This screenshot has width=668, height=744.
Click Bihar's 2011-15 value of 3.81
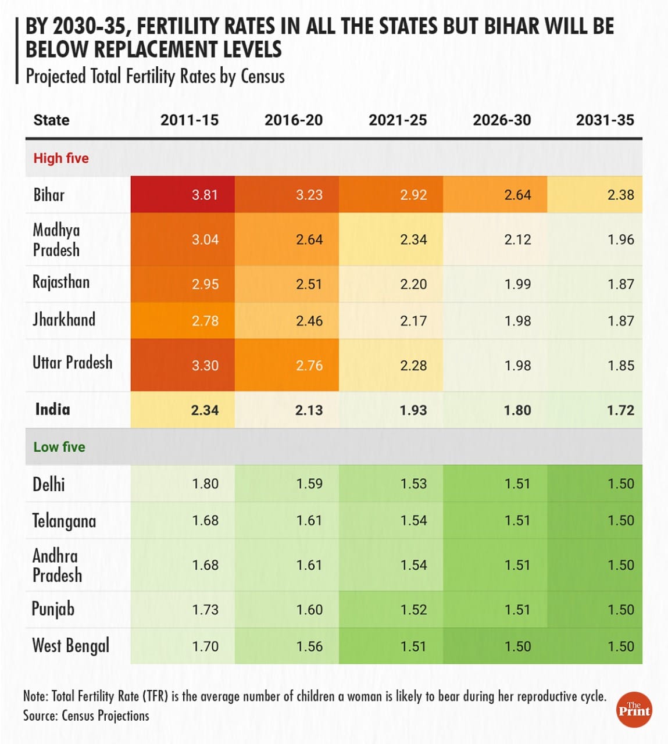click(x=205, y=195)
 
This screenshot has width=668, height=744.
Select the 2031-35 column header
click(x=605, y=120)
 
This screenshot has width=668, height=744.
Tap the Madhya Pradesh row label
click(x=56, y=239)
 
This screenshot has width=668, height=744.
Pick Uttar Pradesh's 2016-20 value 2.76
click(x=309, y=366)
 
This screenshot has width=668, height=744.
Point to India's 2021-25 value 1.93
click(x=413, y=410)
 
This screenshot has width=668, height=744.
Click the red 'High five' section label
click(x=61, y=158)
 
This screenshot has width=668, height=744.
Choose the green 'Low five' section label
click(x=59, y=447)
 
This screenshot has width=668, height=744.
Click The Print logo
click(x=634, y=709)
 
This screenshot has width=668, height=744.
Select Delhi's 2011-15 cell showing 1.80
click(x=205, y=484)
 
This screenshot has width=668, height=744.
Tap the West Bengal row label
click(x=71, y=646)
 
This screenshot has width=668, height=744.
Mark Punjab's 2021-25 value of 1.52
click(x=413, y=610)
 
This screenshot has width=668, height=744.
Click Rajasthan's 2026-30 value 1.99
click(x=517, y=284)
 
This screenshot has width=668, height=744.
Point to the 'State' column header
click(x=51, y=120)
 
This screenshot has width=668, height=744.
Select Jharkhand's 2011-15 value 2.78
click(x=205, y=321)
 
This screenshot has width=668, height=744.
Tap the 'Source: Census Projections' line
click(x=86, y=716)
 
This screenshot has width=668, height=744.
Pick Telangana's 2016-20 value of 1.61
click(x=309, y=520)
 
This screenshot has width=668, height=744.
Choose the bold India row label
click(x=52, y=409)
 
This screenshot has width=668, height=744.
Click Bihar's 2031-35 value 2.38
click(x=620, y=195)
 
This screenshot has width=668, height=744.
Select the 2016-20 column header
click(x=293, y=120)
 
